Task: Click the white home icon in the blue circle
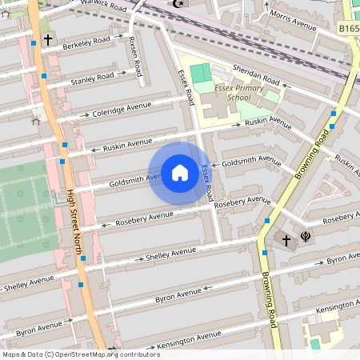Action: (x=180, y=173)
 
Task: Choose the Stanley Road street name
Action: (x=92, y=78)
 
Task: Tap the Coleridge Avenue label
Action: (x=122, y=107)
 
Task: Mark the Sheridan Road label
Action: (x=256, y=75)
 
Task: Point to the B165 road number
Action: (x=348, y=29)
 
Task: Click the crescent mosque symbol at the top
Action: (x=178, y=4)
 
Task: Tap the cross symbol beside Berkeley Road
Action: (x=48, y=39)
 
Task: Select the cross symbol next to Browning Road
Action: (x=286, y=239)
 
